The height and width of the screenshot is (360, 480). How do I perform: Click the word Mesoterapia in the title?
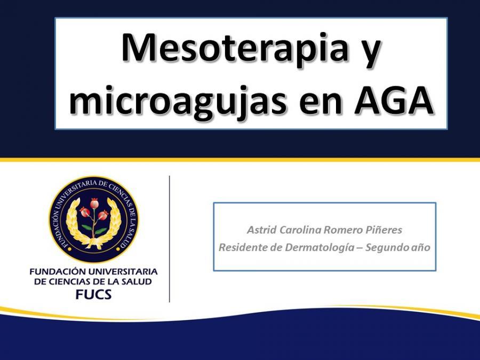pyautogui.click(x=235, y=48)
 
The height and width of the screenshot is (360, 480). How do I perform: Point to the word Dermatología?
pyautogui.click(x=319, y=247)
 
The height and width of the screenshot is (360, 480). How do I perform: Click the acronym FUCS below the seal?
pyautogui.click(x=94, y=294)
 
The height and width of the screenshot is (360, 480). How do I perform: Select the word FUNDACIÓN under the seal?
pyautogui.click(x=57, y=271)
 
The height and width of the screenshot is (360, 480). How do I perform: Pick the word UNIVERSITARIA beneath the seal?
pyautogui.click(x=123, y=272)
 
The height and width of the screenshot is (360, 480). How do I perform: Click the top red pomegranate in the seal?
pyautogui.click(x=94, y=203)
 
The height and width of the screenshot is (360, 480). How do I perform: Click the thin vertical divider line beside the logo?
pyautogui.click(x=170, y=239)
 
